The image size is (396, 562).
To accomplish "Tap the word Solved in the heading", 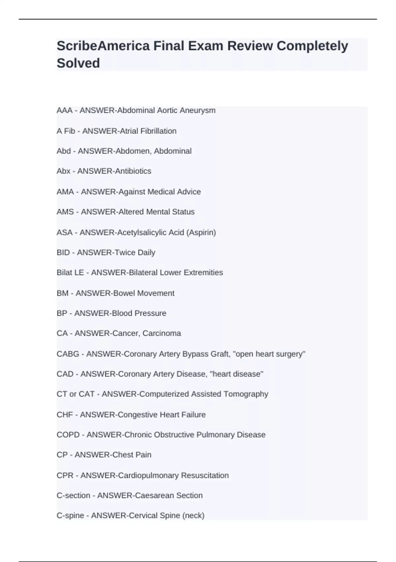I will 78,63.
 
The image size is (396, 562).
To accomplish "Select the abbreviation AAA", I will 64,110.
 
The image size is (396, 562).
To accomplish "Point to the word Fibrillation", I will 158,131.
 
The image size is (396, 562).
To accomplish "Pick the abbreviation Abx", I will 64,171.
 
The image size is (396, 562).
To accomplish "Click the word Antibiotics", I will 133,171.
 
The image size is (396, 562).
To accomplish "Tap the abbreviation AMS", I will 65,212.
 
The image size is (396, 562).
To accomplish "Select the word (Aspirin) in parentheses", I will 201,233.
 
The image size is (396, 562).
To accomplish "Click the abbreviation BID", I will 63,253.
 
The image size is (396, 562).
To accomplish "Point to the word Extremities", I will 203,273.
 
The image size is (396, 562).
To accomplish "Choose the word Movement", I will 156,293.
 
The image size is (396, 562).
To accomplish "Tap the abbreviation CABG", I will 68,354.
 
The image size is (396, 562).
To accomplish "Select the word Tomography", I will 246,394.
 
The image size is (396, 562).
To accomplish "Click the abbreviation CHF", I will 65,415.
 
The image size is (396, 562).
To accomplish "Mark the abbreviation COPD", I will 68,435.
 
